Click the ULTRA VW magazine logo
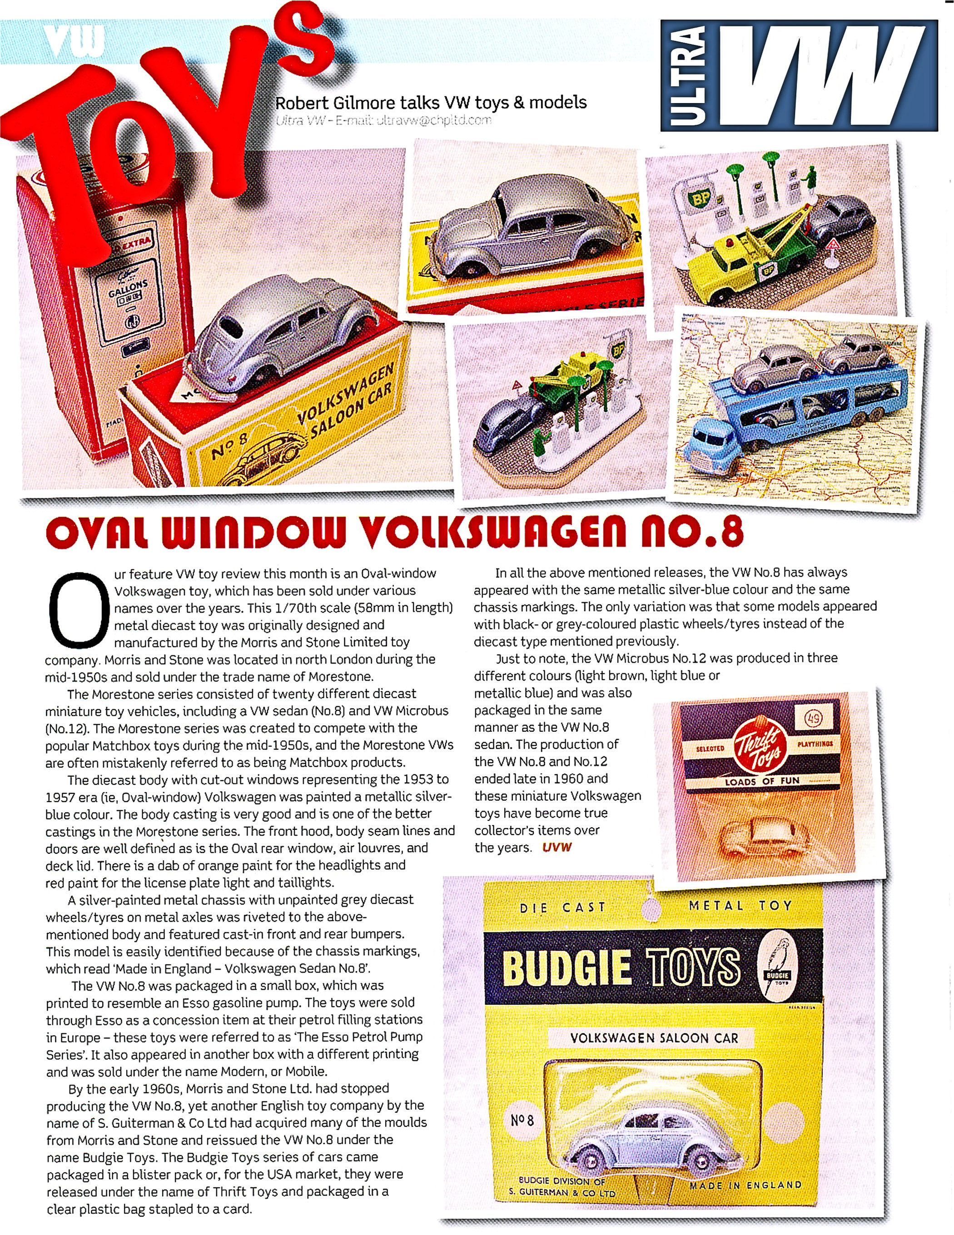point(799,75)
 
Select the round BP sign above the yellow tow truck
point(699,198)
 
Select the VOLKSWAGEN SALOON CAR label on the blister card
point(654,1038)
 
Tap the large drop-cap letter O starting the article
point(79,610)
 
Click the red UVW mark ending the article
point(557,847)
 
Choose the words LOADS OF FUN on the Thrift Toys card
point(762,781)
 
